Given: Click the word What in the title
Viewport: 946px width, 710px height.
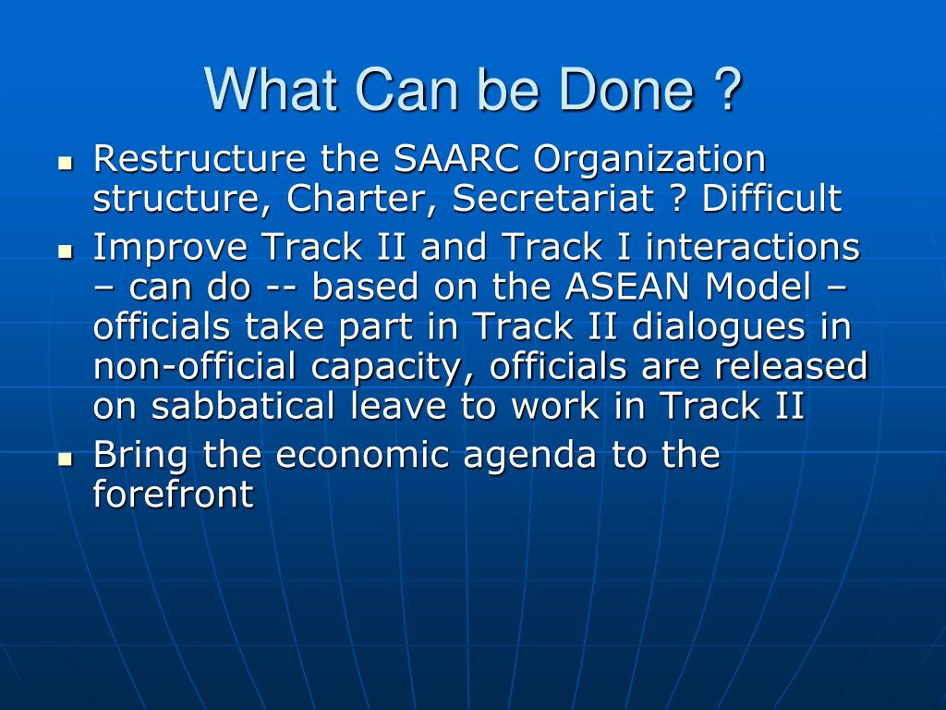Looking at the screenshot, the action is [x=271, y=90].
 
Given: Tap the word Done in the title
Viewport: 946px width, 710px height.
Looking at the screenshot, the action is [x=626, y=90].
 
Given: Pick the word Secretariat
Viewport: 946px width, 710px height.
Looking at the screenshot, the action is [x=553, y=198].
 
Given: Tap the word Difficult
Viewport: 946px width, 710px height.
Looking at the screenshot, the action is [x=771, y=197].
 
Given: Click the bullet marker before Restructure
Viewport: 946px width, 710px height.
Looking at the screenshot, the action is [x=66, y=163].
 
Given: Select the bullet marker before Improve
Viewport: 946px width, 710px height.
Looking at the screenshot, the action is [x=66, y=251].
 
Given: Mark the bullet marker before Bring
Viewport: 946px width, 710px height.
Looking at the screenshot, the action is [x=66, y=459].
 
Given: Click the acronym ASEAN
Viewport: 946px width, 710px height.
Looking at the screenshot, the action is [x=627, y=287].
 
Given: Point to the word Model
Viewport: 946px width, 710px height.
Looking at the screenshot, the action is [x=758, y=287].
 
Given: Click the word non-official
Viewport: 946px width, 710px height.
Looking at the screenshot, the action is [x=194, y=366].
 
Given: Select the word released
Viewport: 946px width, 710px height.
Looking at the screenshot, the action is [x=792, y=366].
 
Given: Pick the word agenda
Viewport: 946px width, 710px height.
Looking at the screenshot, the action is [x=529, y=457].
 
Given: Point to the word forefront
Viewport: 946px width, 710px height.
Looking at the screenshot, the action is [x=173, y=494].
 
